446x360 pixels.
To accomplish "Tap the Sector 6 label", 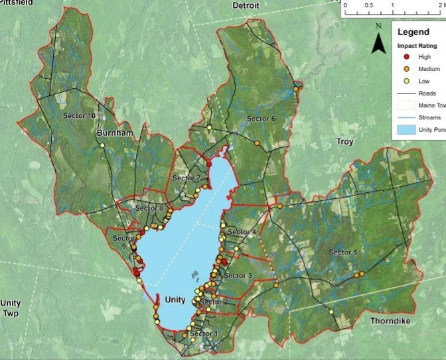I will [261, 119].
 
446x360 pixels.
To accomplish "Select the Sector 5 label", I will [343, 253].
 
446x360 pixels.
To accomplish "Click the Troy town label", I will [345, 142].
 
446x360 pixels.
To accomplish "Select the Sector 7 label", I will [186, 178].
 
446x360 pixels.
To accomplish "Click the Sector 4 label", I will [242, 231].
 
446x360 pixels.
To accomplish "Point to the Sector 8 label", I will [149, 208].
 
